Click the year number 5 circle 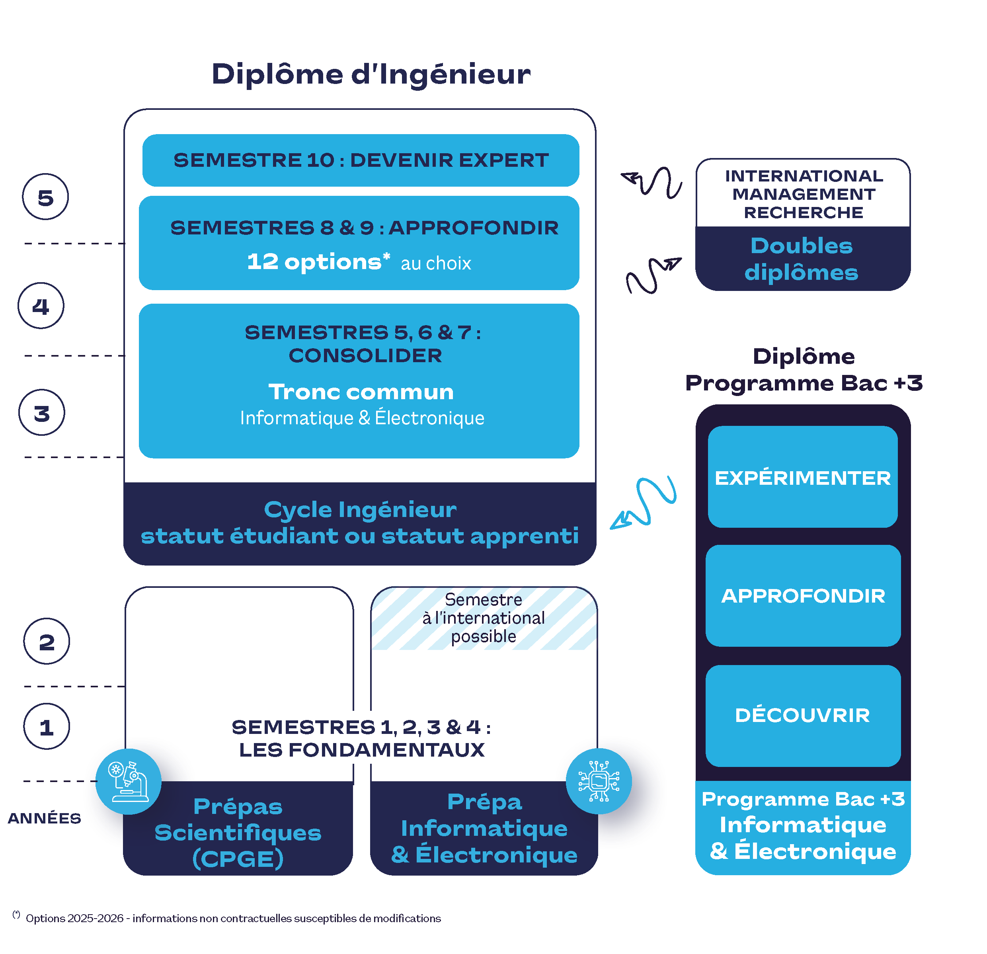pos(45,197)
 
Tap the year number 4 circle pos(41,306)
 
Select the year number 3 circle pos(42,413)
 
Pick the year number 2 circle pos(47,641)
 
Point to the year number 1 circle pos(47,726)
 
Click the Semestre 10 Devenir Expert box pos(361,160)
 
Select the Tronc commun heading pos(361,392)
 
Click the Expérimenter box pos(803,477)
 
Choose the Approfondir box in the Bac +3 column pos(803,596)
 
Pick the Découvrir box pos(803,715)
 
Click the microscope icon pos(129,781)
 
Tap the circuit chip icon pos(599,781)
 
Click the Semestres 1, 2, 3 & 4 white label pos(361,737)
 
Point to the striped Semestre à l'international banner pos(484,618)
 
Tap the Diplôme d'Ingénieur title pos(371,74)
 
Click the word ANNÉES pos(44,818)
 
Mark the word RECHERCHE pos(803,213)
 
